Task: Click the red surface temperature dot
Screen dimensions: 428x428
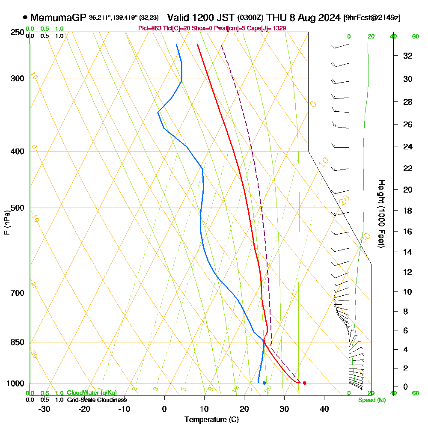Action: point(304,383)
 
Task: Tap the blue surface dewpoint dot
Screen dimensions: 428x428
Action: point(265,383)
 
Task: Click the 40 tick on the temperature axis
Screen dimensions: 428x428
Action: point(324,408)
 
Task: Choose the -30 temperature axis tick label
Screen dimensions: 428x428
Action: point(45,408)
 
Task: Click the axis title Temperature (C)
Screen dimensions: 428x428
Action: point(211,419)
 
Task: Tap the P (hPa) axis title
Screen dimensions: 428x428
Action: point(7,222)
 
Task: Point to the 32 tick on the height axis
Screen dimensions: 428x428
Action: point(408,56)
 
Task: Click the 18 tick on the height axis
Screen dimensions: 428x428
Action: point(408,211)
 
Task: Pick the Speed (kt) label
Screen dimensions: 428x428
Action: point(372,400)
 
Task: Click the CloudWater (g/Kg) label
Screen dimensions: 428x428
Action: point(92,393)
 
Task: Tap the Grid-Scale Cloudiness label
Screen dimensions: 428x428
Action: point(96,400)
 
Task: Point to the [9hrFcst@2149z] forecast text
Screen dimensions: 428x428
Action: point(372,18)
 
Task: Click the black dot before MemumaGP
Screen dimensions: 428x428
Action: point(25,18)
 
